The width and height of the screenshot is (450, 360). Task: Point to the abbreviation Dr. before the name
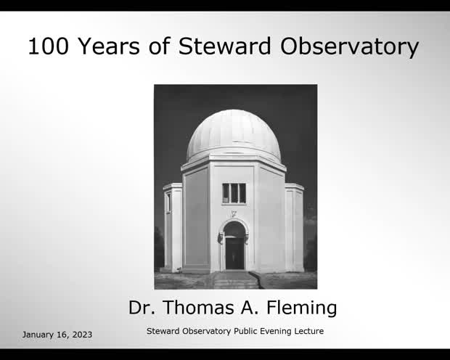click(x=142, y=308)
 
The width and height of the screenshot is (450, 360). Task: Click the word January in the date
click(x=41, y=335)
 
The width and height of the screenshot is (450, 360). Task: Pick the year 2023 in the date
click(x=80, y=335)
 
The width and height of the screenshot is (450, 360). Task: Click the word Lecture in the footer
click(x=306, y=331)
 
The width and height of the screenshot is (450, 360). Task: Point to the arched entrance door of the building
click(x=234, y=247)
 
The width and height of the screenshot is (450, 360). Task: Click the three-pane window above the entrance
click(x=234, y=193)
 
